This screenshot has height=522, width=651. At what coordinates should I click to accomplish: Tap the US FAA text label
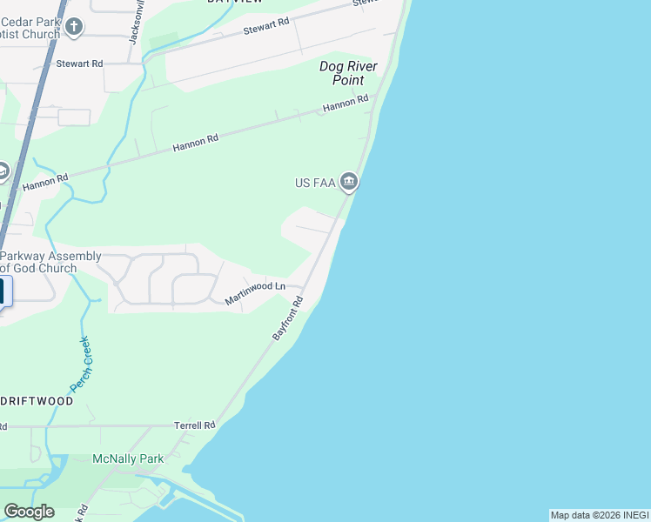pos(314,183)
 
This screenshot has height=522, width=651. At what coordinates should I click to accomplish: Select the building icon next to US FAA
pos(349,182)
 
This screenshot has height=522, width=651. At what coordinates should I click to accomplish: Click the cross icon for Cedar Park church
pos(74,26)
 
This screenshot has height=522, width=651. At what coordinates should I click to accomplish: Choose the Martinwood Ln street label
pos(255,291)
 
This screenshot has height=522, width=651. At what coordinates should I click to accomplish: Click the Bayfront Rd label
pos(287,318)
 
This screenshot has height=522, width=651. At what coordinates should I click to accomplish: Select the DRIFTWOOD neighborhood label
pos(37,402)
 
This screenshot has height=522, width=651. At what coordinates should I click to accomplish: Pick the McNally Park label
pos(128,458)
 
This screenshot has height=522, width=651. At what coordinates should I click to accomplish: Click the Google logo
pos(29,512)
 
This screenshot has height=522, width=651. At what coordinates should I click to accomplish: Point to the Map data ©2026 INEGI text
pos(599,515)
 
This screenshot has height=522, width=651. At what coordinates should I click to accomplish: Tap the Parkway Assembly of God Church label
pos(50,262)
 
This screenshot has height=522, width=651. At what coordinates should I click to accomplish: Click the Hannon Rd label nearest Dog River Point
pos(346,104)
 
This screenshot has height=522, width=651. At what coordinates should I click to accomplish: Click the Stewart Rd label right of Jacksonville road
pos(265,27)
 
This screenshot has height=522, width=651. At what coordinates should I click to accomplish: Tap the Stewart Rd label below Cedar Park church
pos(79,64)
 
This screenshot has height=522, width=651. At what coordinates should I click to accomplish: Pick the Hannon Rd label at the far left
pos(45,182)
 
